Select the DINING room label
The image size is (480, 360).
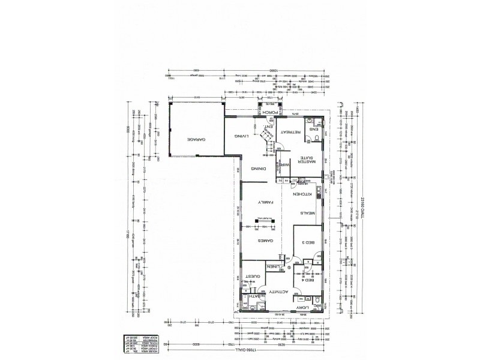259,169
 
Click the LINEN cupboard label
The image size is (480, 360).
273,267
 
